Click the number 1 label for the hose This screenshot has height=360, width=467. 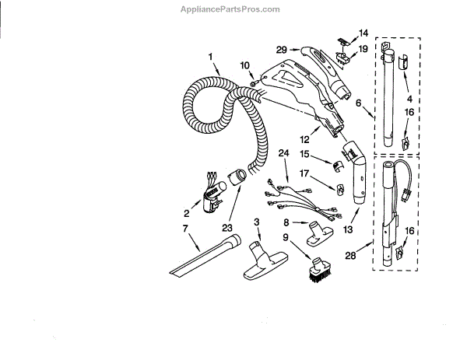click(210, 55)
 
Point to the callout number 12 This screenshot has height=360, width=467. click(306, 139)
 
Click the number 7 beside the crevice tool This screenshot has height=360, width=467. click(184, 229)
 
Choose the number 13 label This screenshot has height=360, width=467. click(347, 230)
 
